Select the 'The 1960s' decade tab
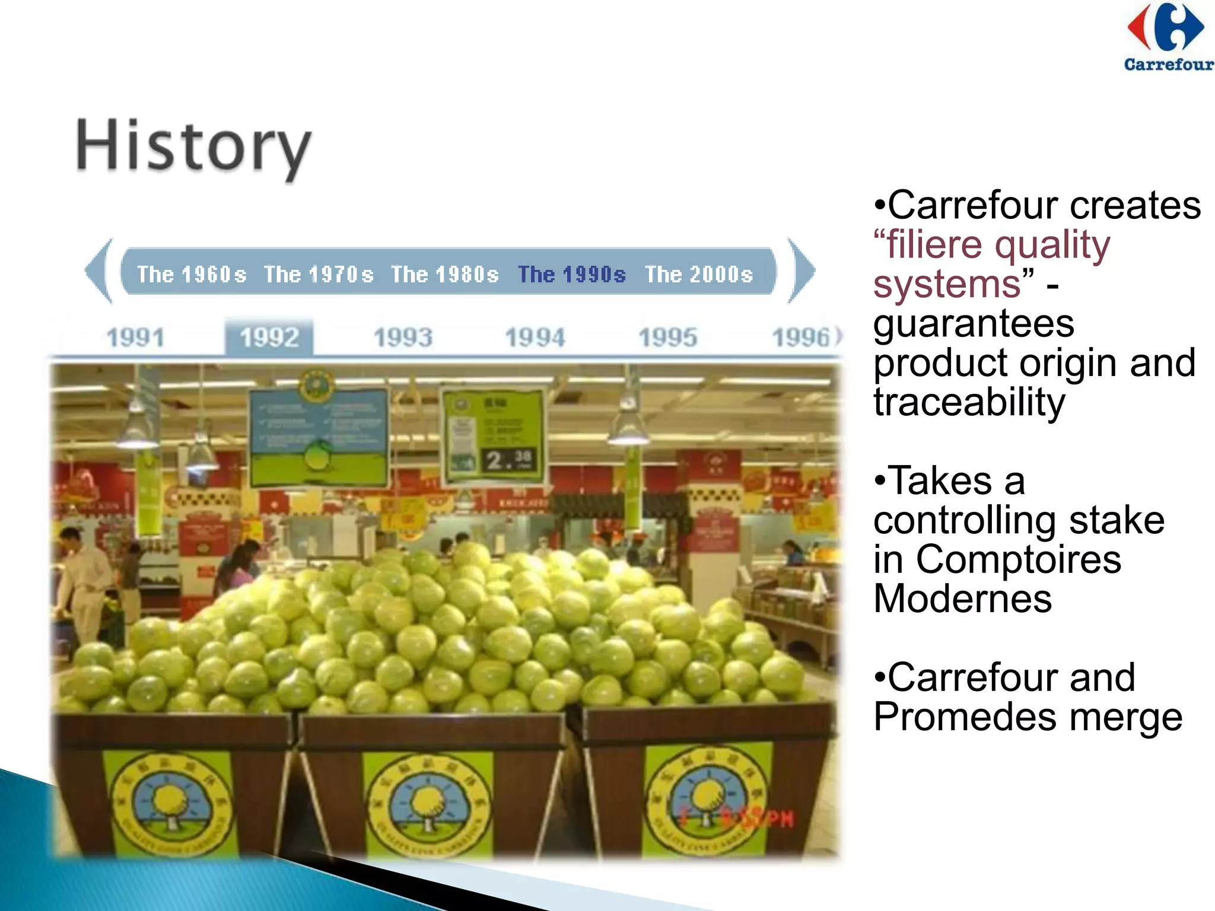coord(192,275)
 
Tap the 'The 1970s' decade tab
coord(319,275)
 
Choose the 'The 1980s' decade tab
coord(445,275)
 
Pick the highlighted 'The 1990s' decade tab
coord(572,275)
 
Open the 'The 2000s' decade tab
coord(699,275)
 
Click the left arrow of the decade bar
coord(99,271)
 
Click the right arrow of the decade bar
coord(801,271)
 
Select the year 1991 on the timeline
coord(136,338)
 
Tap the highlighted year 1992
coord(269,338)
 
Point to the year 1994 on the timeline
coord(535,338)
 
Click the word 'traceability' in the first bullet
coord(969,402)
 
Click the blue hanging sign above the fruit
coord(319,436)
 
